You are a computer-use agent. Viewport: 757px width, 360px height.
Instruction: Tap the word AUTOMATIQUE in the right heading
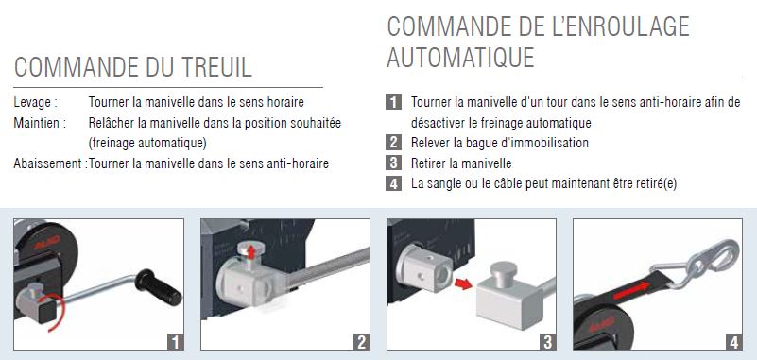(x=460, y=58)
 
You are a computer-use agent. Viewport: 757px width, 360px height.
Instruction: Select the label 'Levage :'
(x=35, y=103)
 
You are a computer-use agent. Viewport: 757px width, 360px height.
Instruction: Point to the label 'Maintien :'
(x=40, y=123)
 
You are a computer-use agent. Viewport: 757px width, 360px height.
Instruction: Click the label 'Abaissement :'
(x=50, y=163)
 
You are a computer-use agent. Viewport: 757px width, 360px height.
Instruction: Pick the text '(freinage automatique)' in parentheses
(x=147, y=144)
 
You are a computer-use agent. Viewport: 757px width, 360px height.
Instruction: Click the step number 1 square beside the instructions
(x=393, y=102)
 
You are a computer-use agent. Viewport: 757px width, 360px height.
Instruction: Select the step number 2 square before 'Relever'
(x=393, y=143)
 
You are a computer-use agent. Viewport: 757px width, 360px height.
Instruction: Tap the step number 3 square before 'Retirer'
(x=393, y=163)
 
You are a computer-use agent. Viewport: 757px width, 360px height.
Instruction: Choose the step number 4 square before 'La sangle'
(x=393, y=183)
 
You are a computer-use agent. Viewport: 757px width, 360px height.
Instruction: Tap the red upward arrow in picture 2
(x=250, y=251)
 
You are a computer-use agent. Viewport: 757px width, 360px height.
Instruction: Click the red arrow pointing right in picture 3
(x=463, y=283)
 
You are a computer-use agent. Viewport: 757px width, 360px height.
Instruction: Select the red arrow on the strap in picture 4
(x=631, y=290)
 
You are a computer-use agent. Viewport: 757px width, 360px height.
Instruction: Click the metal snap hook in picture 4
(x=700, y=264)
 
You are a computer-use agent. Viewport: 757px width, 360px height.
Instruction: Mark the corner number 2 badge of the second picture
(x=361, y=342)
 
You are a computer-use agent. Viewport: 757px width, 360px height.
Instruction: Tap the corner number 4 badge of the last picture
(x=733, y=342)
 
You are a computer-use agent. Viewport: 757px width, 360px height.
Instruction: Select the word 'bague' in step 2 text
(x=480, y=144)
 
